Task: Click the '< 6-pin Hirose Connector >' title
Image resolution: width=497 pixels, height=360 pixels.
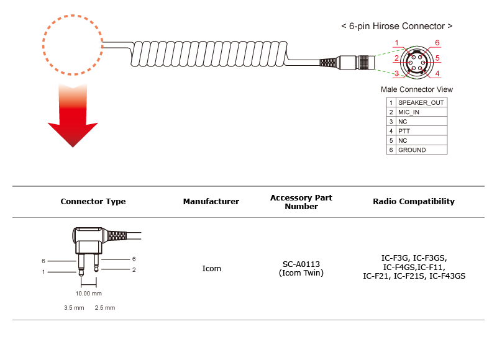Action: coord(396,27)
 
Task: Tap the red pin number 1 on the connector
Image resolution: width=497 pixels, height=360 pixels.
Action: coord(396,43)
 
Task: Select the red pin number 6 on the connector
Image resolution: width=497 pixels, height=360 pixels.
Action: coord(437,43)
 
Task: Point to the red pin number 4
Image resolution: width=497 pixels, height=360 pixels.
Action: coord(437,74)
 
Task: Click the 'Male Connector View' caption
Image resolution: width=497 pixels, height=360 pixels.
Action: coord(417,90)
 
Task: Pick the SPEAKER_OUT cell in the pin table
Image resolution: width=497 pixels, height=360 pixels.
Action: coord(421,102)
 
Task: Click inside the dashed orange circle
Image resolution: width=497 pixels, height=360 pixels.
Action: coord(73,43)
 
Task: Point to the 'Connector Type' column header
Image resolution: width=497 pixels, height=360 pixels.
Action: coord(93,202)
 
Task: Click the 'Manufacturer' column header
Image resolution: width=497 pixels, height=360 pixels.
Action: coord(211,202)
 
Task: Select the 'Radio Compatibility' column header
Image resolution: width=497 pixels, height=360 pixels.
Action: coord(414,202)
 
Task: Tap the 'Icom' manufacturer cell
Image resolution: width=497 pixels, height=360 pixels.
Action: coord(211,269)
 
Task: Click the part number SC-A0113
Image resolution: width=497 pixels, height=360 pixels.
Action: coord(301,264)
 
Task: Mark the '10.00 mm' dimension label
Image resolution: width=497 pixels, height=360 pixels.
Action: coord(88,293)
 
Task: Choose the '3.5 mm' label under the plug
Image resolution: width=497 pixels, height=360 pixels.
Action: coord(74,308)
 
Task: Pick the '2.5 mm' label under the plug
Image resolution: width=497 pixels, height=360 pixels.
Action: coord(105,308)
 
